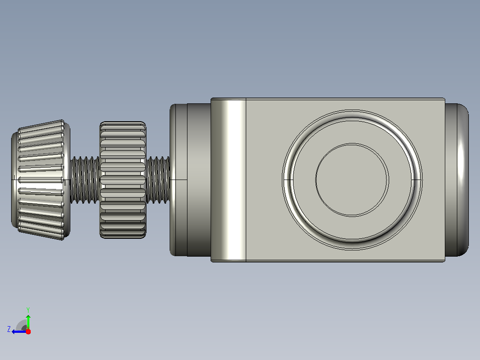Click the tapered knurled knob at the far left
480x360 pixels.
41,180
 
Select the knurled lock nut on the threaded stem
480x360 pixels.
123,180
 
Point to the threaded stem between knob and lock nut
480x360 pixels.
85,180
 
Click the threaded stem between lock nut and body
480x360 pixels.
158,180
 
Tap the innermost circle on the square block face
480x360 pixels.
352,180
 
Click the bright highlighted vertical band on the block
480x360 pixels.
232,180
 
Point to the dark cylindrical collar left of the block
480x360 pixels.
199,180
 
